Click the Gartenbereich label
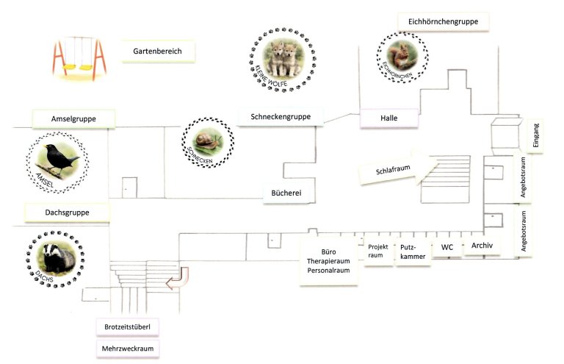tap(159, 51)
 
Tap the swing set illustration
tap(79, 58)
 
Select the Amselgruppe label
tap(73, 119)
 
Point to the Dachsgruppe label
tap(68, 213)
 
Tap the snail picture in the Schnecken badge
tap(208, 141)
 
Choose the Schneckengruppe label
tap(281, 117)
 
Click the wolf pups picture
tap(283, 58)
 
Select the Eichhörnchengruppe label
tap(443, 21)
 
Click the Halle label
tap(389, 118)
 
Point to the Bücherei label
tap(286, 193)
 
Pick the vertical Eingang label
tap(535, 136)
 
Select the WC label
tap(447, 247)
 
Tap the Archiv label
tap(482, 246)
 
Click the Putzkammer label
tap(413, 252)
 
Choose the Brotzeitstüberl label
tap(127, 327)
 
